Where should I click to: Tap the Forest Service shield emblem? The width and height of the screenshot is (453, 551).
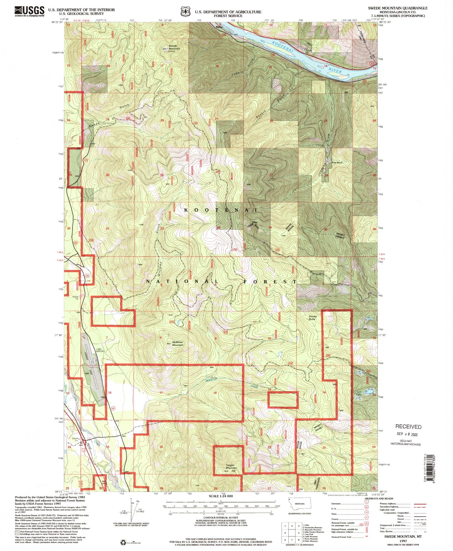point(185,11)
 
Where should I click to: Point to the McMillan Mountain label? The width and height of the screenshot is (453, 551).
point(178,344)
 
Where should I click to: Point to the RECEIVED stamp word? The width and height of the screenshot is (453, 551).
point(408,427)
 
